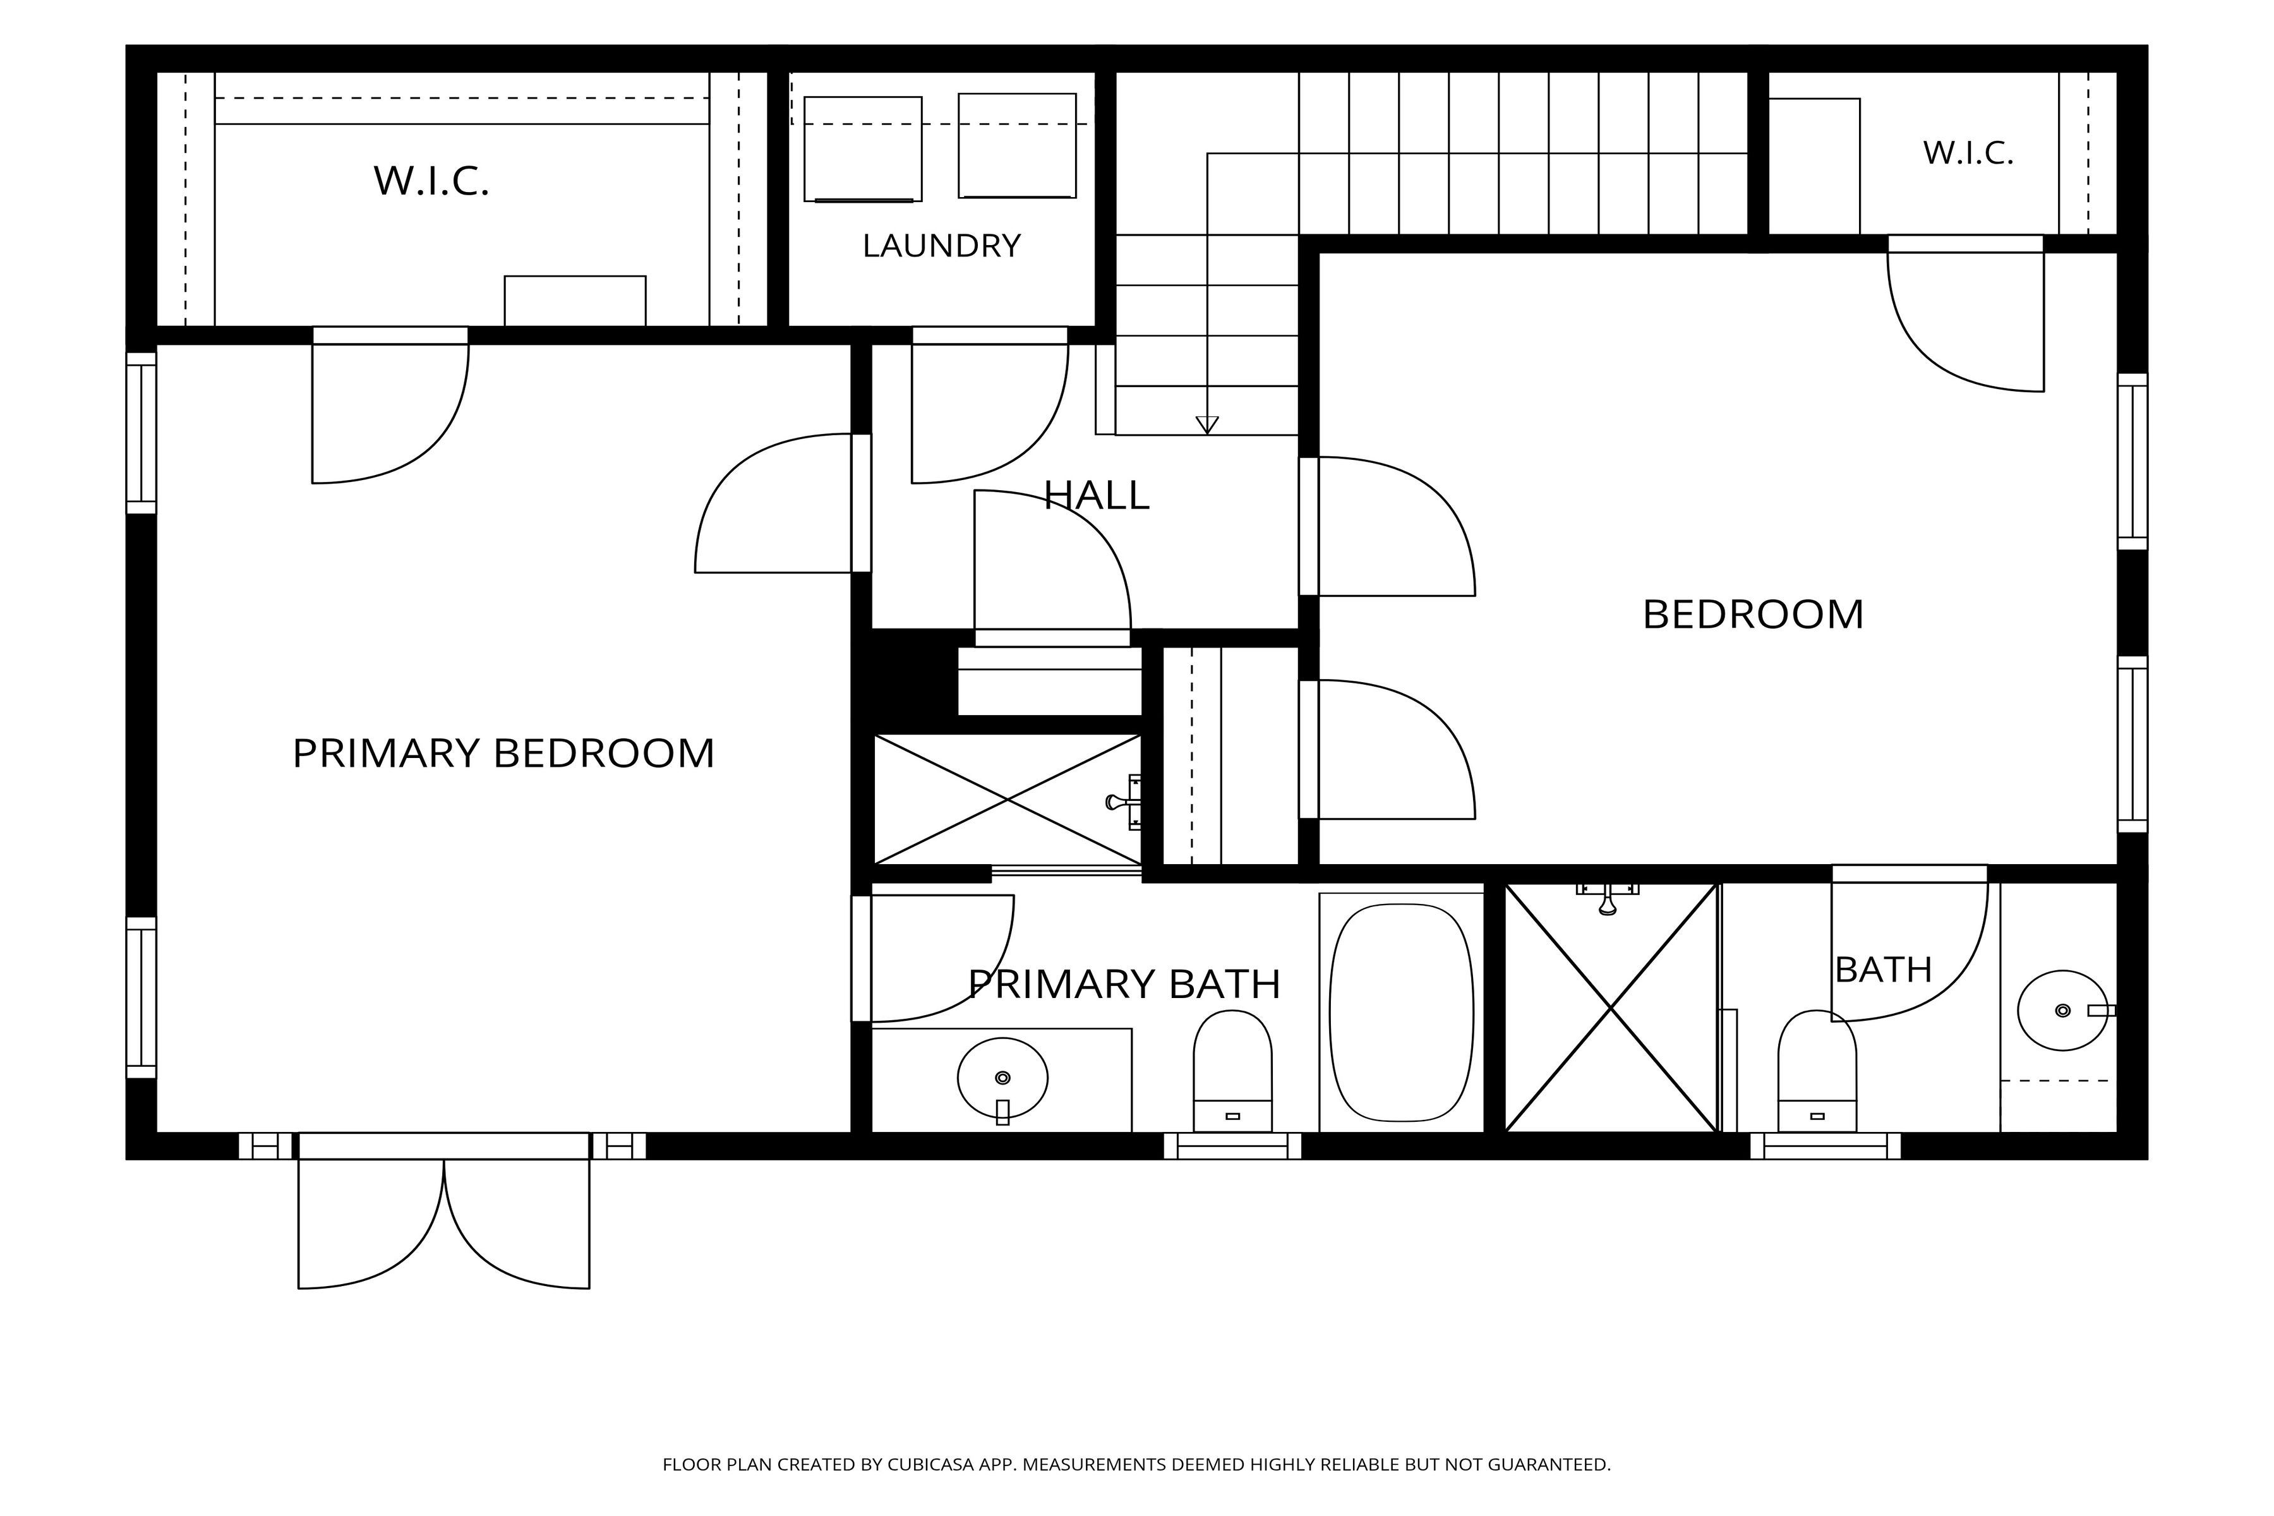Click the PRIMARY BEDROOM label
503,753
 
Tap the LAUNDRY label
942,246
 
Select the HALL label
1097,495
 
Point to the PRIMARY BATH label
1124,984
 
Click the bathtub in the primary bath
1402,1013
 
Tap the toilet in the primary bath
1233,1070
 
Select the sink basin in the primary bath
1002,1077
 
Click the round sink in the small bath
2063,1010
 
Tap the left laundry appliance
862,149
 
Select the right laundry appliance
1017,146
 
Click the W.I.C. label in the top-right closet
1968,153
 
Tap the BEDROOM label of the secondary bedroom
1753,615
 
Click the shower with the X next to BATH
1611,1008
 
